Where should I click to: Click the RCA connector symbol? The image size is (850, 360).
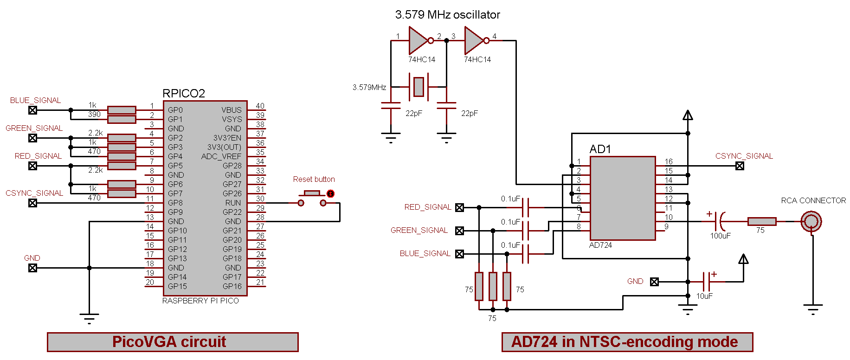pyautogui.click(x=811, y=221)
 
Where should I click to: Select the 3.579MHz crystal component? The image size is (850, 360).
pyautogui.click(x=419, y=87)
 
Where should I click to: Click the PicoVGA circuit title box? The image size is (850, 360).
pyautogui.click(x=173, y=342)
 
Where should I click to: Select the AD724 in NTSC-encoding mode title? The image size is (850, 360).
pyautogui.click(x=627, y=342)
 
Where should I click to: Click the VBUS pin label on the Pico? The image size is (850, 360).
pyautogui.click(x=231, y=110)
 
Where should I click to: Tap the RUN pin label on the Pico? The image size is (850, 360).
pyautogui.click(x=233, y=203)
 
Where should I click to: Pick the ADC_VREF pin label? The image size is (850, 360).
pyautogui.click(x=221, y=156)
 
